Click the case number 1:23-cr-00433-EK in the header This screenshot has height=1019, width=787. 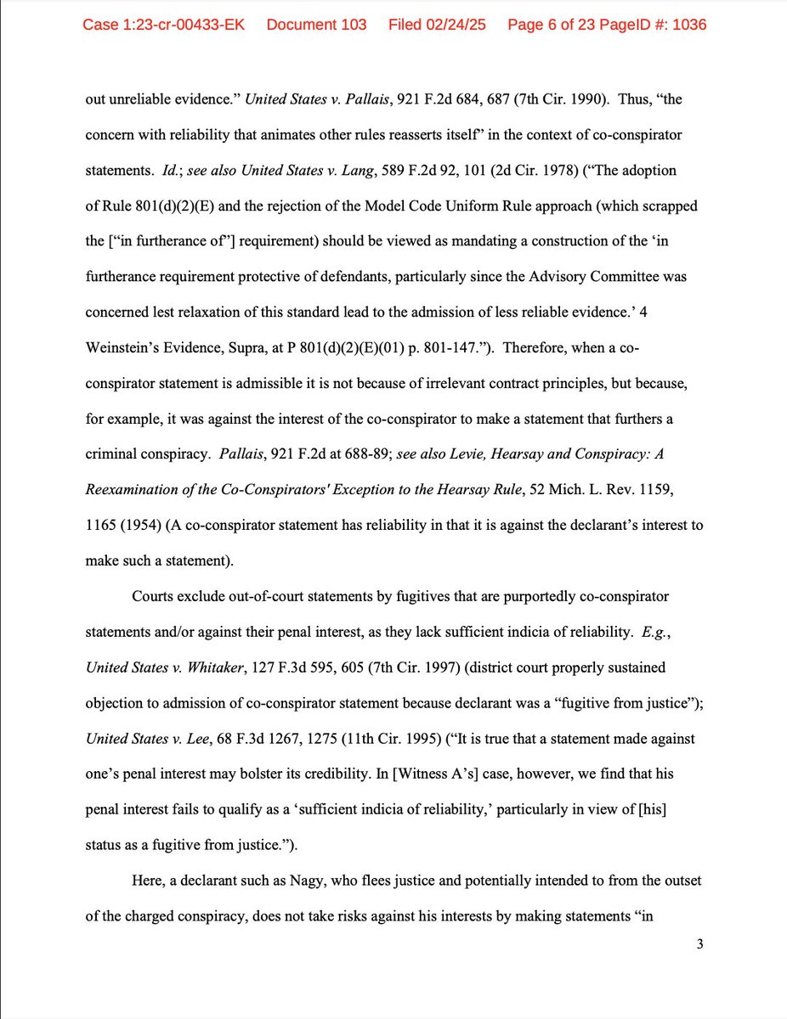click(163, 25)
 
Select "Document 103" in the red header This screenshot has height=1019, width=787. click(316, 25)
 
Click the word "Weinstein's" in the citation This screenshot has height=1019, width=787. click(124, 348)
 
